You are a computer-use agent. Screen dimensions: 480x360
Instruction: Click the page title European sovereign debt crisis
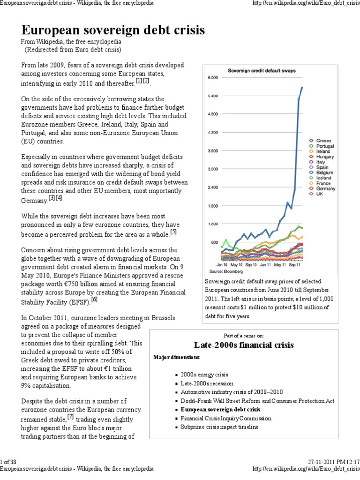113,31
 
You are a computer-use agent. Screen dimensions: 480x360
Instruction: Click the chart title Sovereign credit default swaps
265,71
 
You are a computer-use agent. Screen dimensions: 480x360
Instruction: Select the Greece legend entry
323,141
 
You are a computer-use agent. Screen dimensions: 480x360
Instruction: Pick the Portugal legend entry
325,146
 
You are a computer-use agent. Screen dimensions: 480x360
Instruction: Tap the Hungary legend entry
325,157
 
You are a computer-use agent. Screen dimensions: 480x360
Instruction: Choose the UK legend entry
320,194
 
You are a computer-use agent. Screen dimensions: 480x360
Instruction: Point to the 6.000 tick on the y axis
213,78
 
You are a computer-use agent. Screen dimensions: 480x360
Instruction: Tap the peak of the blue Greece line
302,87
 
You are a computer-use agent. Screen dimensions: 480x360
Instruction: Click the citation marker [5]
173,231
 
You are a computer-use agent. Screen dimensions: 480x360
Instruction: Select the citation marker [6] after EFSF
94,299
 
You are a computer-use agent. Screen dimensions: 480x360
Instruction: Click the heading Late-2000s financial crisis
244,345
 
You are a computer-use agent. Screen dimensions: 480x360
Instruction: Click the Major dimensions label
176,357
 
